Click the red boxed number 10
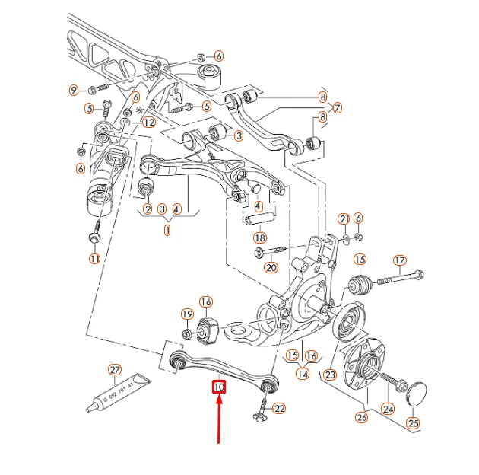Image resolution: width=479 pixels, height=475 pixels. tap(219, 387)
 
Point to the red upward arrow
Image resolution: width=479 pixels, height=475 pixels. tap(219, 419)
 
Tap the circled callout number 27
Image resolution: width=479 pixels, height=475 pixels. tap(114, 371)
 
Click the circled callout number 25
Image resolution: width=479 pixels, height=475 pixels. tap(413, 422)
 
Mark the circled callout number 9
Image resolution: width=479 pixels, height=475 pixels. tap(75, 90)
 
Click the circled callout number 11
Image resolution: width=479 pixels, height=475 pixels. tap(94, 259)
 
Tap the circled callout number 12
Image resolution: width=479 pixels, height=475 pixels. tap(148, 122)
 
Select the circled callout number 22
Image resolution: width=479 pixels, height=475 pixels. tap(279, 409)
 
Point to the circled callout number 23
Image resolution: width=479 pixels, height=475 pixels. tap(330, 375)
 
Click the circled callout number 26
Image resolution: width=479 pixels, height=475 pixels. tap(361, 416)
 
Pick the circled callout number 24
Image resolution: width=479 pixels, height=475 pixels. tap(389, 409)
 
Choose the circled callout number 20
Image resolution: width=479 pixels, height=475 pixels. tap(271, 266)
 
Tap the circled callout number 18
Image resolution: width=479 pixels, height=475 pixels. tap(261, 237)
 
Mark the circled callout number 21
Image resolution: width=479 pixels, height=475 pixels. tap(344, 219)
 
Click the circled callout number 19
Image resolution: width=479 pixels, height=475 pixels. tap(186, 314)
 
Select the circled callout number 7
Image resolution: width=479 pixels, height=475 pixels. tap(337, 107)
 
